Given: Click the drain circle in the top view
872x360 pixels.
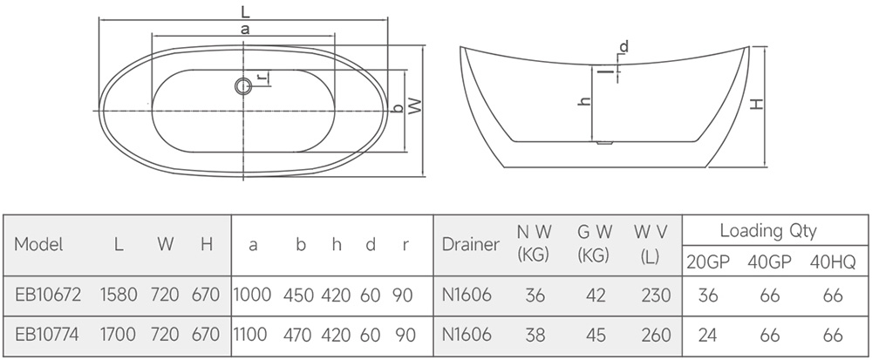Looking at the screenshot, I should click(x=242, y=85).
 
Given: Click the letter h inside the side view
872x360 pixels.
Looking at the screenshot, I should click(x=586, y=101).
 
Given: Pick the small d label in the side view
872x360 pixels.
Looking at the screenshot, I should click(x=624, y=45).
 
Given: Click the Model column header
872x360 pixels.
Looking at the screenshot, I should click(x=39, y=245).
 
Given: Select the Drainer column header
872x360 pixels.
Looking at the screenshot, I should click(x=471, y=245).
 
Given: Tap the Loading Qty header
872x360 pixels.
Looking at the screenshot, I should click(x=767, y=231).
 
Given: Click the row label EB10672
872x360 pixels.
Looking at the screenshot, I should click(x=48, y=295).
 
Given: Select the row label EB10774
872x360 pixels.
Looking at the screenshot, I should click(x=48, y=333).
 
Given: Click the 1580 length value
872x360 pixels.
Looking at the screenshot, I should click(x=119, y=295).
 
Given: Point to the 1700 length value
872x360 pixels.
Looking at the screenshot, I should click(x=119, y=333).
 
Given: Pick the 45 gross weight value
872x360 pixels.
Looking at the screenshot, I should click(x=596, y=333).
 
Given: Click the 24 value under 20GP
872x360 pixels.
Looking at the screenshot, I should click(x=708, y=333).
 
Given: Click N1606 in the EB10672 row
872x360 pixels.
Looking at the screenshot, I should click(x=467, y=295).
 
